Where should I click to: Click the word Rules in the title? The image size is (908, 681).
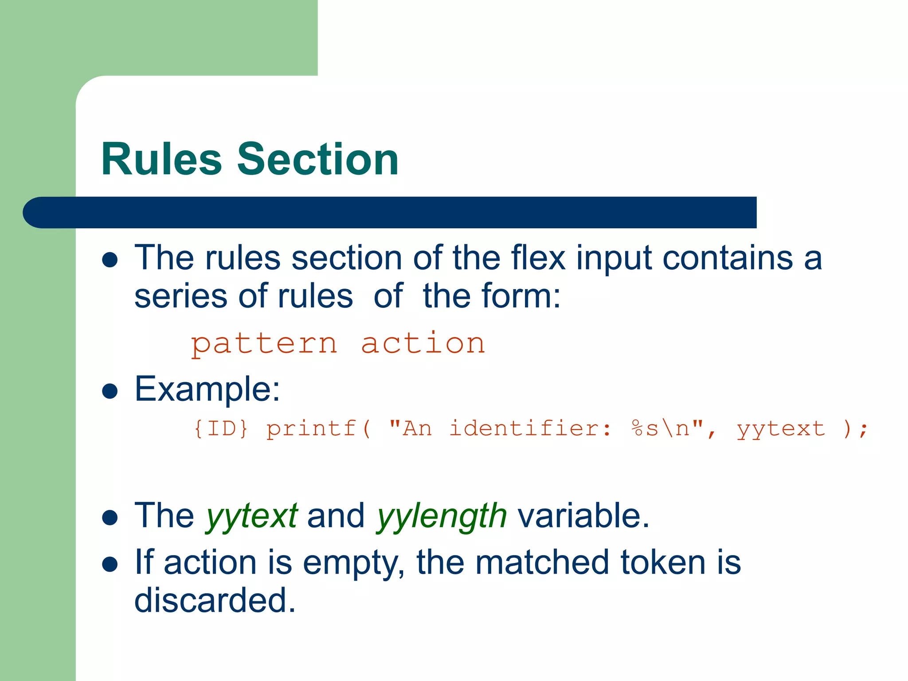pos(161,159)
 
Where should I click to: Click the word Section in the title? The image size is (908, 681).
pos(318,159)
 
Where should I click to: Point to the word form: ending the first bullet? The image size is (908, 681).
pos(521,296)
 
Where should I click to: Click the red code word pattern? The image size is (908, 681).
pos(264,344)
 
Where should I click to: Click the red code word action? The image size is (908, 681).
pos(423,344)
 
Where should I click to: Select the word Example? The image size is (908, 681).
pos(207,389)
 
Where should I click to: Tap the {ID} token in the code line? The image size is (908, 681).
pos(221,429)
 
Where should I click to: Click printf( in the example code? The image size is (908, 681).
pos(318,429)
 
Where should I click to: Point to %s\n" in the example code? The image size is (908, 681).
pos(668,429)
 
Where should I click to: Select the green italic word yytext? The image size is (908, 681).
pos(251,517)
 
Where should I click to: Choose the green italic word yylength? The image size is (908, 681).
pos(441,517)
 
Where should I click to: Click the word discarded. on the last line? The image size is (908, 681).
pos(215,601)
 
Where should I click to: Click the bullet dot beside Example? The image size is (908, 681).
pos(110,391)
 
